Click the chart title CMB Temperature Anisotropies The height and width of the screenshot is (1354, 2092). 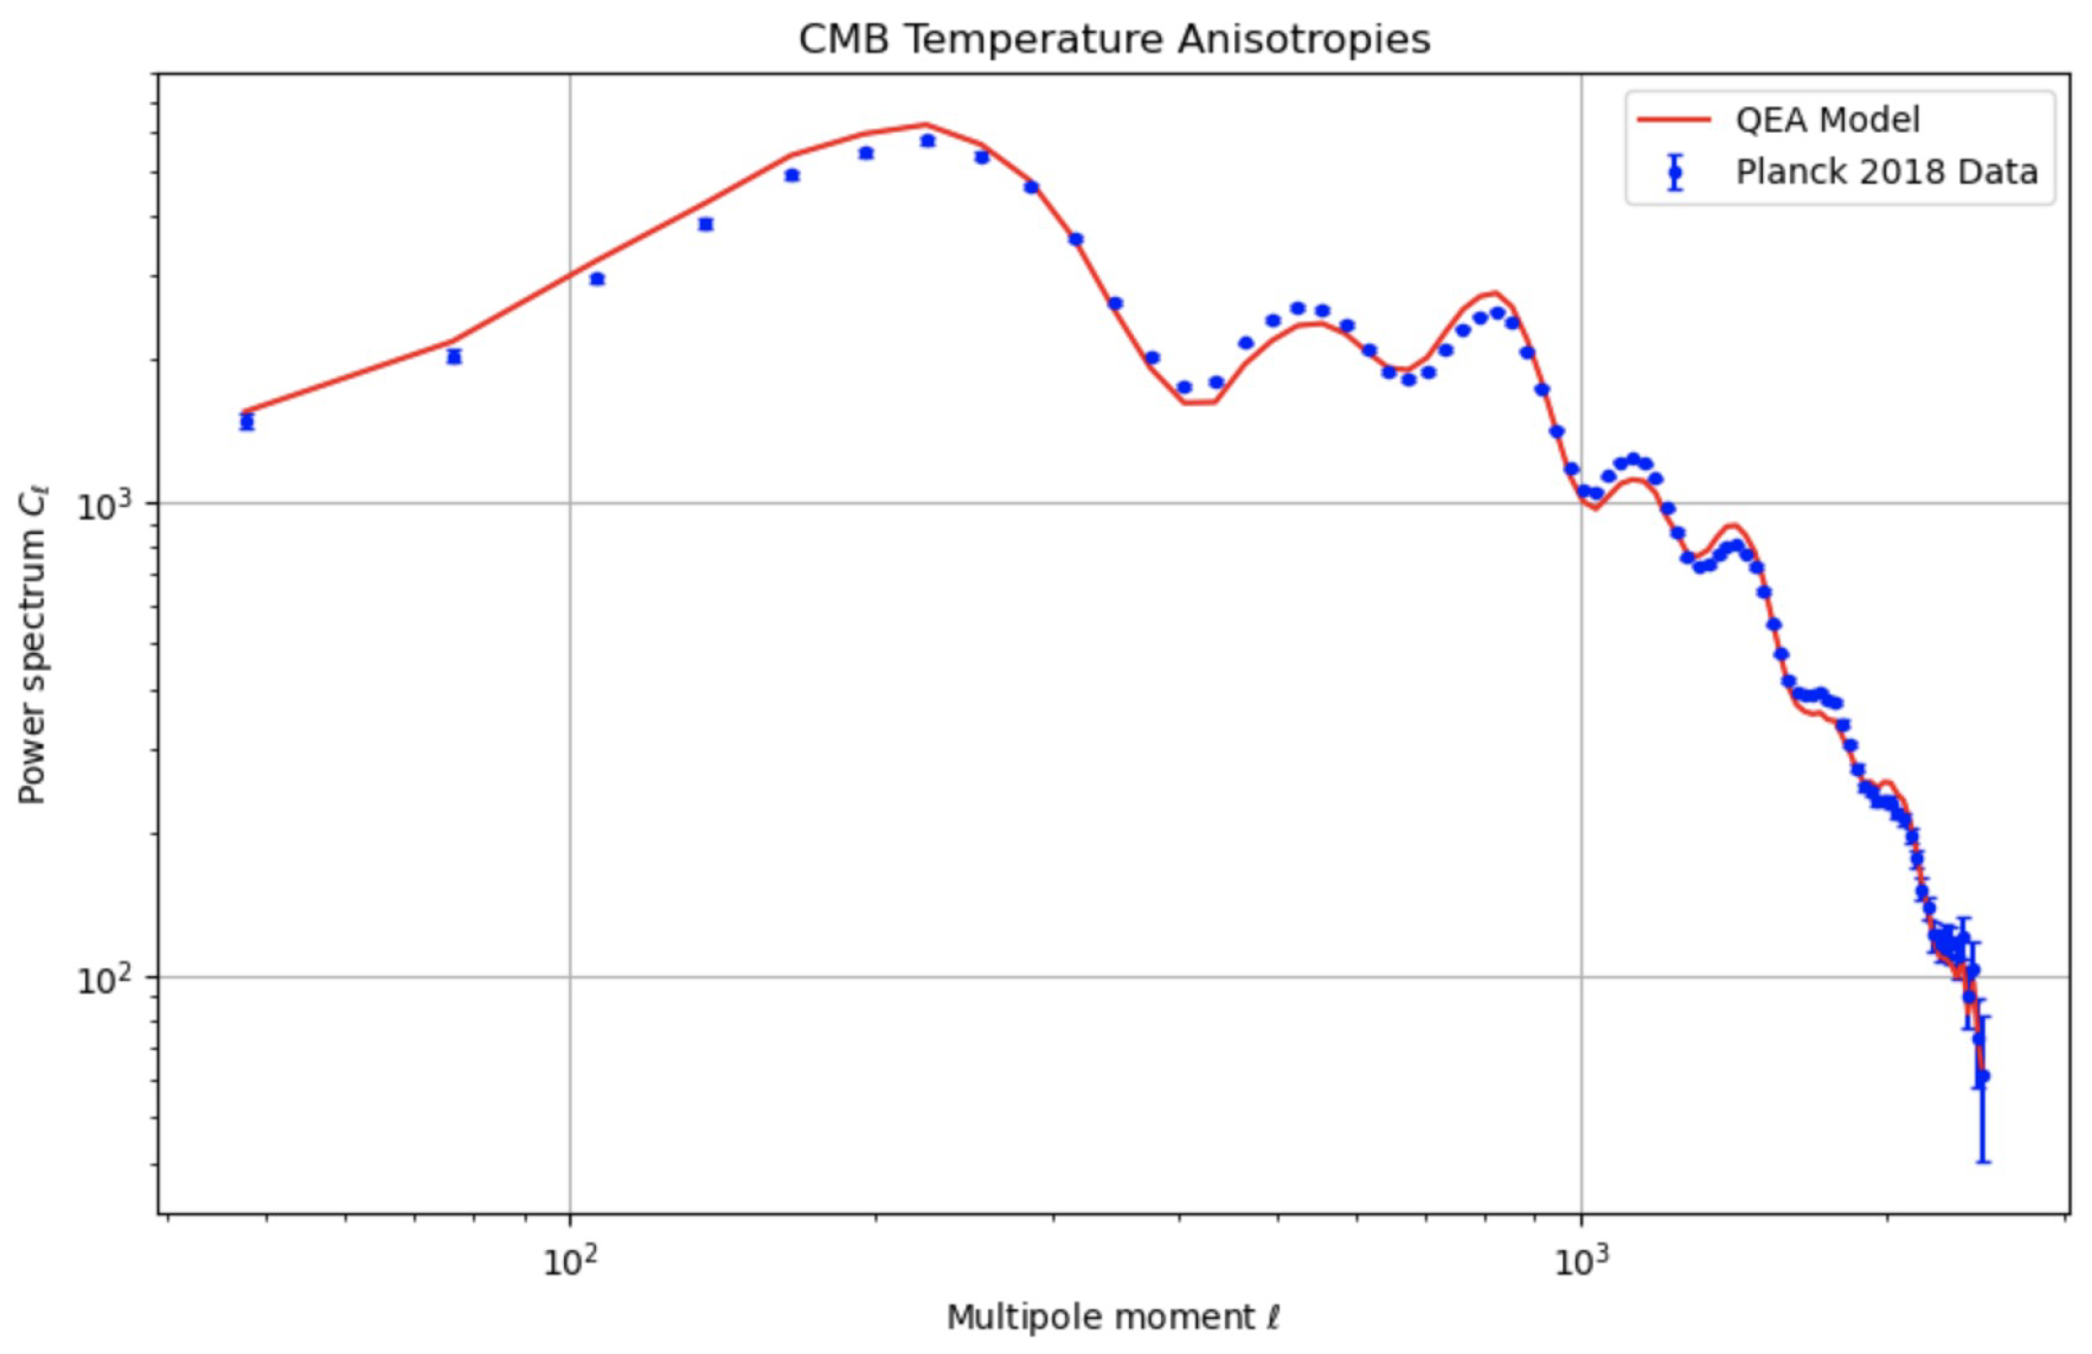[x=1113, y=40]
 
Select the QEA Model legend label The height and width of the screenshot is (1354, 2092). [x=1827, y=119]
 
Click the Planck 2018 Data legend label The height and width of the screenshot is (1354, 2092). [x=1886, y=172]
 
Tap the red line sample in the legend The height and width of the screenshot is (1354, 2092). [x=1674, y=119]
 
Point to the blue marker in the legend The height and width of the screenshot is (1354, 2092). [x=1675, y=173]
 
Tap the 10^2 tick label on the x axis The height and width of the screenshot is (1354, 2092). [x=570, y=1261]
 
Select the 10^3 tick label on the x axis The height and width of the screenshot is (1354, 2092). [x=1581, y=1261]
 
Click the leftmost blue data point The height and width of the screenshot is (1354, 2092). [x=247, y=422]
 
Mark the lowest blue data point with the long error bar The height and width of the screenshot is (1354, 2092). [x=1982, y=1076]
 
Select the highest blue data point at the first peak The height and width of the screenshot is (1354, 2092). [x=928, y=141]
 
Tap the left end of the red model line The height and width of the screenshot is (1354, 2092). [x=243, y=411]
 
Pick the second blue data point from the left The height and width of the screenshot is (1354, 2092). [x=453, y=356]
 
